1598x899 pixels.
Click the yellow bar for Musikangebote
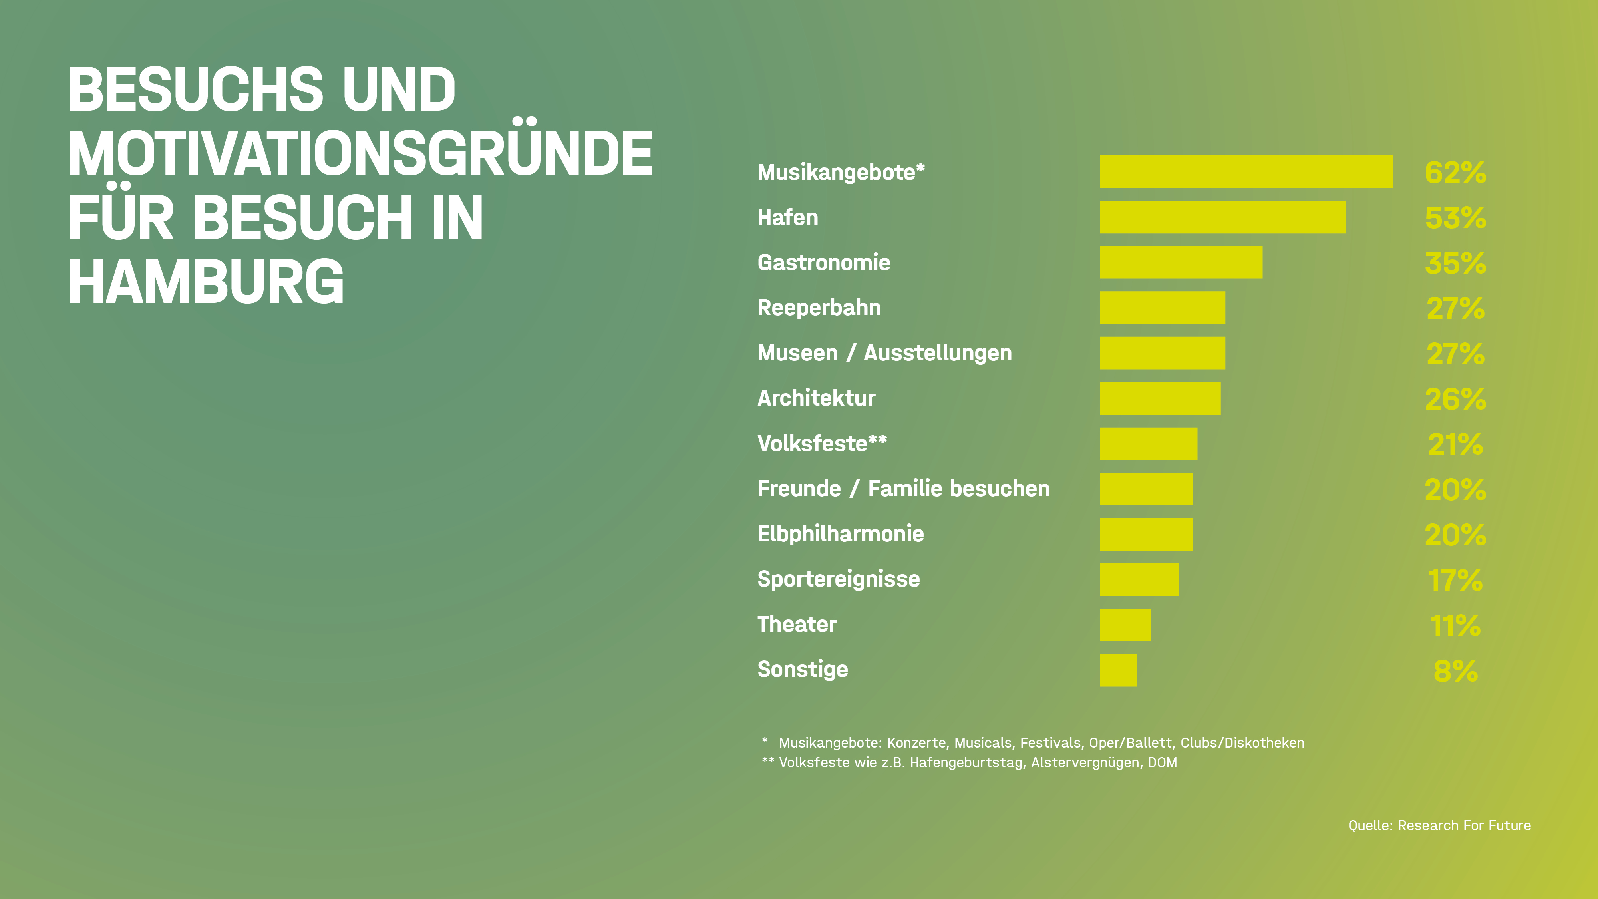point(1246,172)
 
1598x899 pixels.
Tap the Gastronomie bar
point(1181,263)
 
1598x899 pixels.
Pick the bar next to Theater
point(1125,625)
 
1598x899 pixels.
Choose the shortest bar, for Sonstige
point(1118,670)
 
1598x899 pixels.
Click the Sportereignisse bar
point(1139,579)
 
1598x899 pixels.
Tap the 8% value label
point(1455,671)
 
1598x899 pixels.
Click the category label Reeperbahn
point(819,308)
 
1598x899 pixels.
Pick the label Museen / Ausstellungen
point(884,353)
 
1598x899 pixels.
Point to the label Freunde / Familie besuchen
point(903,489)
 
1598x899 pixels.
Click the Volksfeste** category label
point(822,444)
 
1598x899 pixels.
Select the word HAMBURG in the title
point(206,282)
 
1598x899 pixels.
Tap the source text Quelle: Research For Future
point(1439,825)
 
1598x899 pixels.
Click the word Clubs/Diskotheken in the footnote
point(1242,743)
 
